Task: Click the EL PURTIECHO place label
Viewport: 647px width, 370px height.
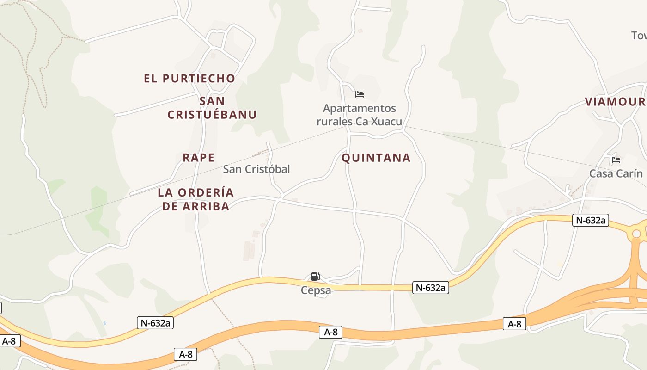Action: pyautogui.click(x=189, y=79)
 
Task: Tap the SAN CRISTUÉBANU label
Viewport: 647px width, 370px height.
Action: pyautogui.click(x=212, y=108)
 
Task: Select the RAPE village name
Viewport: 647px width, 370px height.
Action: pyautogui.click(x=199, y=158)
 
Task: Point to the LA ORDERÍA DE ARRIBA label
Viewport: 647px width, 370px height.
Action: pyautogui.click(x=196, y=199)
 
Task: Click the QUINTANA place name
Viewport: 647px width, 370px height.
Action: pyautogui.click(x=376, y=158)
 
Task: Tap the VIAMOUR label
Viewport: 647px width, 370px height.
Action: pyautogui.click(x=615, y=102)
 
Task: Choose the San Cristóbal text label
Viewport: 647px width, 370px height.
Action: pyautogui.click(x=256, y=169)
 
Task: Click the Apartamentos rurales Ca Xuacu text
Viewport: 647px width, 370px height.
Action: pyautogui.click(x=359, y=115)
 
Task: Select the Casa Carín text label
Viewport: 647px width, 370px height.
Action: pyautogui.click(x=616, y=173)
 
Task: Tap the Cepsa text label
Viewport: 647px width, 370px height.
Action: pyautogui.click(x=316, y=290)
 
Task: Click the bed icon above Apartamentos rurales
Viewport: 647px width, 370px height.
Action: pyautogui.click(x=360, y=94)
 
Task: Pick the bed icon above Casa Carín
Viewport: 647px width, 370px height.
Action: pyautogui.click(x=616, y=160)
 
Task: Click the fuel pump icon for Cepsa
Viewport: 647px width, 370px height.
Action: pyautogui.click(x=315, y=277)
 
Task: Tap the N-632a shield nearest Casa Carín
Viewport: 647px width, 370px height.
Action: pyautogui.click(x=590, y=220)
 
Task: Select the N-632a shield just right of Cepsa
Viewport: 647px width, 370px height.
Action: pyautogui.click(x=431, y=288)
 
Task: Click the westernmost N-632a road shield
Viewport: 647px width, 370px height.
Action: pyautogui.click(x=155, y=323)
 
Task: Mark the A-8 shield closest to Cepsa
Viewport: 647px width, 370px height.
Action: pyautogui.click(x=330, y=332)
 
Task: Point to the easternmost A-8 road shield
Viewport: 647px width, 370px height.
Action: pyautogui.click(x=514, y=324)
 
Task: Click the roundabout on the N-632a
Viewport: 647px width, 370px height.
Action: pyautogui.click(x=636, y=234)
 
